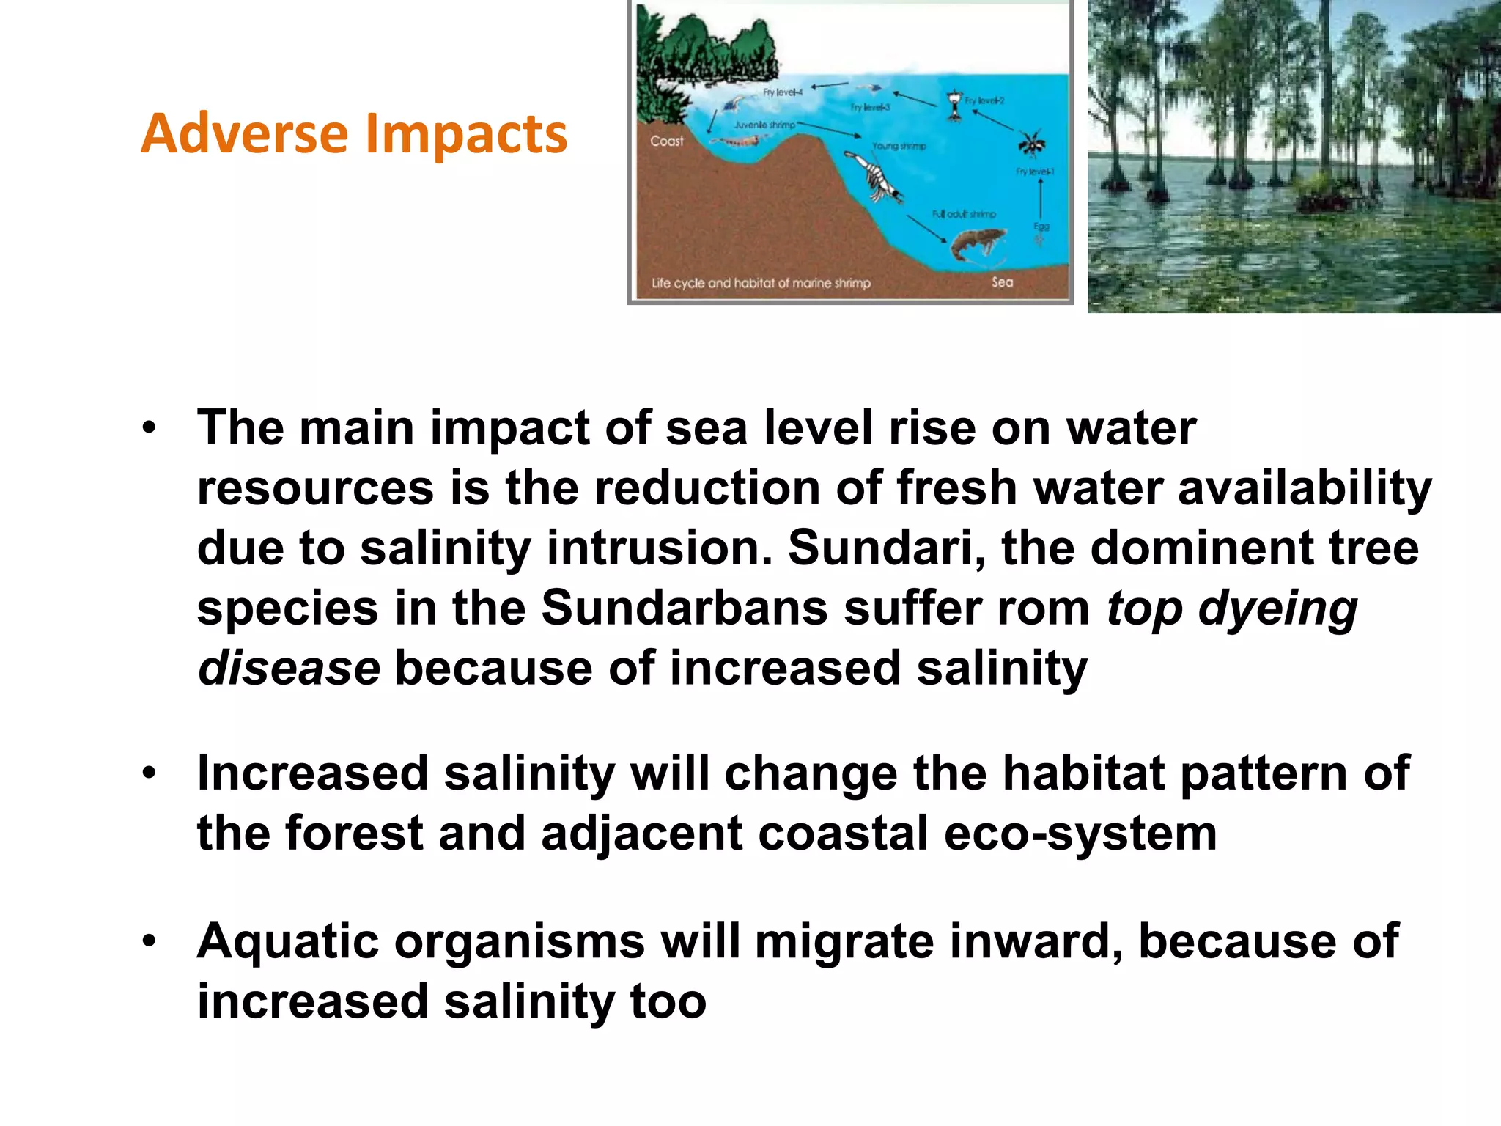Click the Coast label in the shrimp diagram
coord(666,141)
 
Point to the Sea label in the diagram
coord(1002,282)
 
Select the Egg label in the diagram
coord(1041,227)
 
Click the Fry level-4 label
coord(782,92)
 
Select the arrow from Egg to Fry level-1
coord(1041,198)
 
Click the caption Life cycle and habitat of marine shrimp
coord(761,283)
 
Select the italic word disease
coord(289,669)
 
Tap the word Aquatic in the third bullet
coord(287,942)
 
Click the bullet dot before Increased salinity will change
coord(150,773)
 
